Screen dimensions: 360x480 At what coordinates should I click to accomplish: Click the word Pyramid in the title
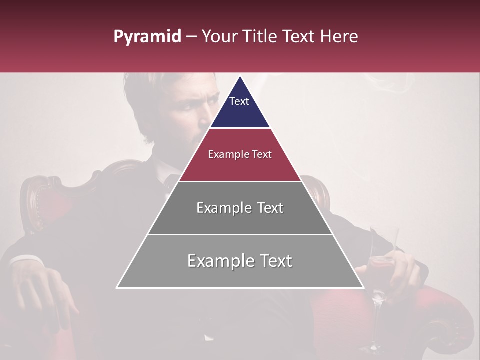[x=147, y=37]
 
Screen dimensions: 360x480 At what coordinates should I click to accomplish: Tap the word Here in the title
[x=339, y=36]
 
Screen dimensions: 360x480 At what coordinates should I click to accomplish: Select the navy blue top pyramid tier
[x=240, y=112]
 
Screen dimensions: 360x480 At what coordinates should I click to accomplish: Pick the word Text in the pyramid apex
[x=239, y=101]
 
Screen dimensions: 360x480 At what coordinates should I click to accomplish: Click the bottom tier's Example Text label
[x=240, y=261]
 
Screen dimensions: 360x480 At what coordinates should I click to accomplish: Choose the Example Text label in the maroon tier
[x=240, y=154]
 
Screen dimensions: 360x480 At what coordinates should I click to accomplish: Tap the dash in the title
[x=191, y=37]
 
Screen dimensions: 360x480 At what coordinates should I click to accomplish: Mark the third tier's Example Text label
[x=240, y=208]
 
